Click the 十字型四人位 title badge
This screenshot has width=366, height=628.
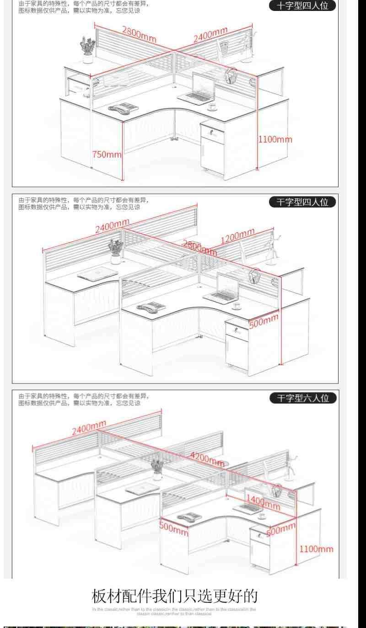click(x=303, y=6)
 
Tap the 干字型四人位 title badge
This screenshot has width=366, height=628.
click(x=303, y=202)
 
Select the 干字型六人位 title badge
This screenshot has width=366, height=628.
click(x=303, y=398)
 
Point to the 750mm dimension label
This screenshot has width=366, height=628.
click(x=107, y=154)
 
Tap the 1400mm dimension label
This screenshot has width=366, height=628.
click(x=263, y=501)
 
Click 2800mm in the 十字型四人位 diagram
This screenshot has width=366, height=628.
click(x=139, y=34)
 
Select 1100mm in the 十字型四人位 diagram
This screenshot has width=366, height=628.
click(x=275, y=139)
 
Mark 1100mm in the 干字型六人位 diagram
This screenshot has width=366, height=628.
click(x=317, y=549)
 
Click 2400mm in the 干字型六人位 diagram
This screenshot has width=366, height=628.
click(x=89, y=428)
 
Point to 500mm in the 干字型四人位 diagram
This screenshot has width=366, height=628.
click(x=264, y=320)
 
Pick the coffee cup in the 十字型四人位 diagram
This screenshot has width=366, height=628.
click(x=212, y=107)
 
